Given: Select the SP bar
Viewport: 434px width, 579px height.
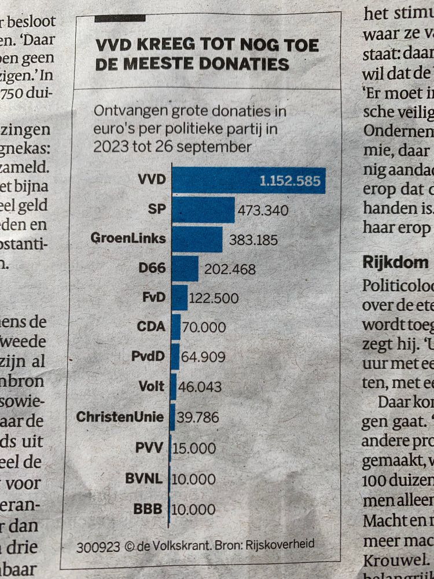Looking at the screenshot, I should tap(203, 210).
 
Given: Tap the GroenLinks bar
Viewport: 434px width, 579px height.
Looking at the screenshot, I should tap(197, 239).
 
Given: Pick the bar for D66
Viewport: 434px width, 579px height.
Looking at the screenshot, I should tap(185, 269).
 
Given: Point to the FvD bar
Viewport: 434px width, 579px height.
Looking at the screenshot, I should tap(179, 298).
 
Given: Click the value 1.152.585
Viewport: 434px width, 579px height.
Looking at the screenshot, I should tap(290, 181).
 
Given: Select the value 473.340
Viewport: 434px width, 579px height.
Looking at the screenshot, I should tap(263, 210).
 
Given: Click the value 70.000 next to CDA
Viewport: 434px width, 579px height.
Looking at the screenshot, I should tap(204, 327).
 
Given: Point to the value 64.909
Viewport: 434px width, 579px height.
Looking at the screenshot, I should tap(203, 357).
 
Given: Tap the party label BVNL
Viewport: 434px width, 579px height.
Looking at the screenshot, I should tap(145, 479).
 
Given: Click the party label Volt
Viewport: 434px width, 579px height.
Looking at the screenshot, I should tap(152, 386).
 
